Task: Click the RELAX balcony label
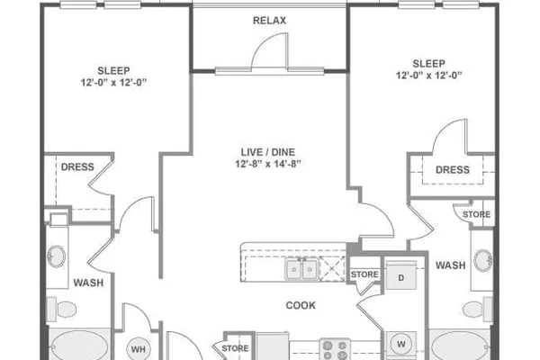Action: [269, 21]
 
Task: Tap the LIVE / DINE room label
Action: [268, 152]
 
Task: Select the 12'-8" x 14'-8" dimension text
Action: [268, 164]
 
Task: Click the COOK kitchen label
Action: [301, 305]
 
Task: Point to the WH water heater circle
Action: [138, 349]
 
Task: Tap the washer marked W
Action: [400, 345]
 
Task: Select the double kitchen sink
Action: [301, 270]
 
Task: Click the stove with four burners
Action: [335, 349]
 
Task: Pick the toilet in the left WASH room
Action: [62, 309]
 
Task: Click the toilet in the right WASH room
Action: [478, 309]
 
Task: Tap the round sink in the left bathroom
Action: [56, 256]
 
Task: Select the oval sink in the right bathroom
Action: [483, 260]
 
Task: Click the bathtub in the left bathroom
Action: [80, 346]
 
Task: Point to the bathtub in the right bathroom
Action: [460, 346]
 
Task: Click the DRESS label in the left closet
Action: [77, 167]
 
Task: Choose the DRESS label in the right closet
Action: [453, 170]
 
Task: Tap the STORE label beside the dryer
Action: [364, 274]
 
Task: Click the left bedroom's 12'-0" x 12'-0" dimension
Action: [113, 83]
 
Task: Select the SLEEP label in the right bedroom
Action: [428, 64]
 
